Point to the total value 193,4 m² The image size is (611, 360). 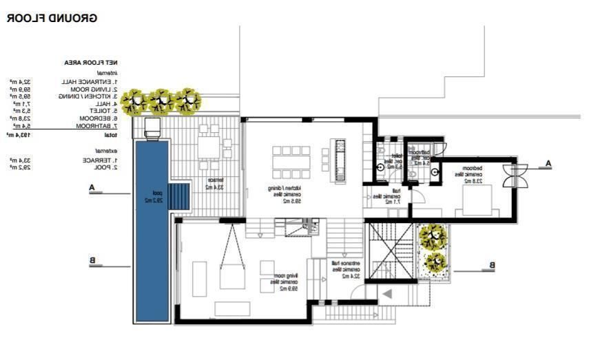point(21,135)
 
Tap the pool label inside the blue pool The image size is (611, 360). point(152,197)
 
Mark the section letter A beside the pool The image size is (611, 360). point(91,187)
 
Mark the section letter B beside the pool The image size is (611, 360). point(92,260)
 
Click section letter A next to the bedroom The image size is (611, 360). point(548,164)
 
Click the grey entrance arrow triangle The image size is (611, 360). point(386,294)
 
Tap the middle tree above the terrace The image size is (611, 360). point(161,102)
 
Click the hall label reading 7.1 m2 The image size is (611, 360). point(387,196)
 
